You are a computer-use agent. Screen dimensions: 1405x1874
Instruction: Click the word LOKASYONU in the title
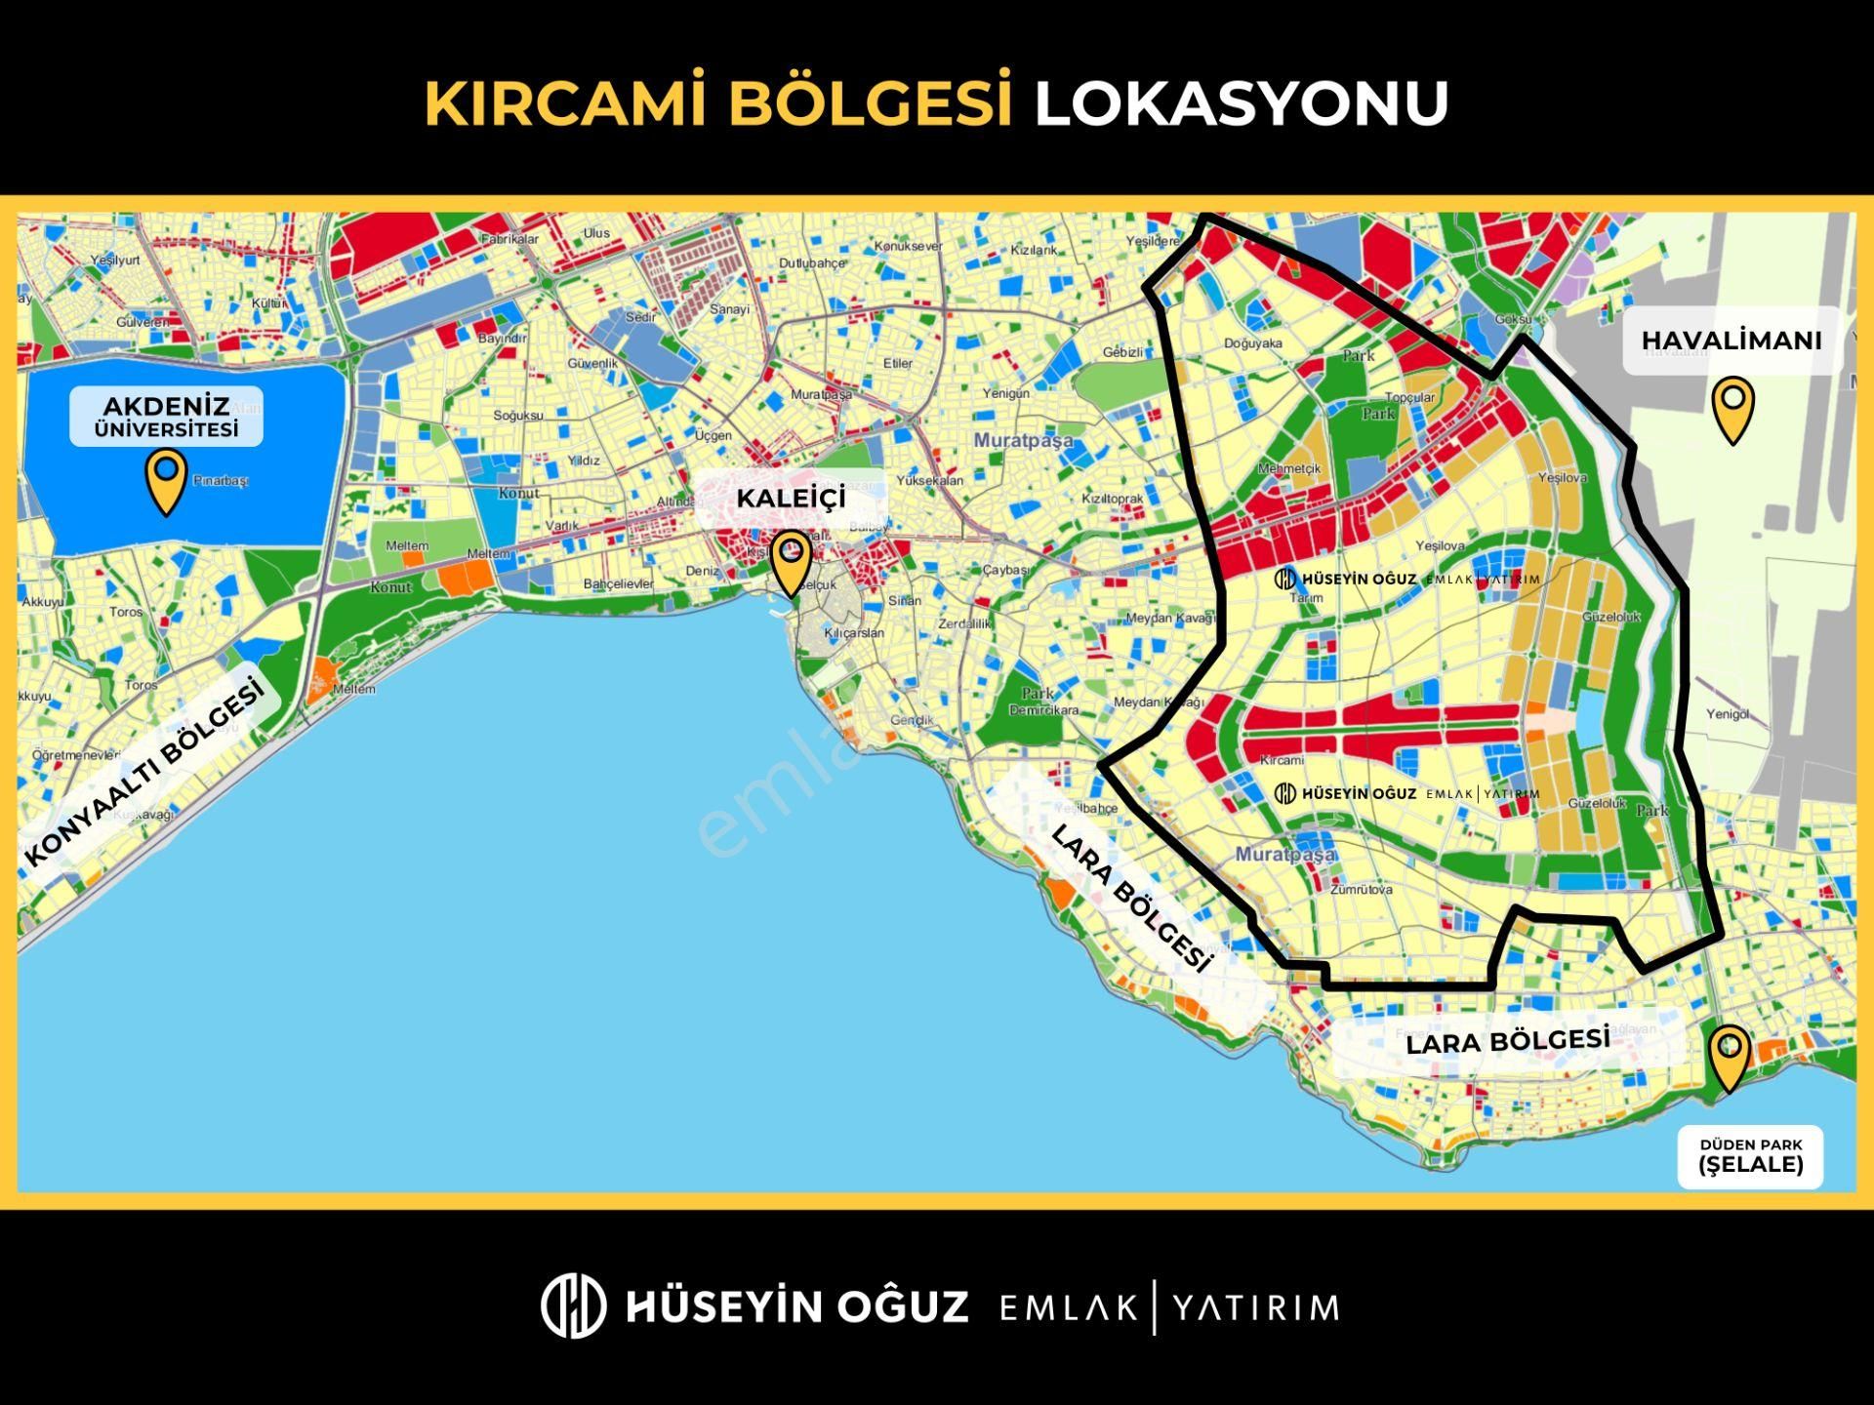coord(1241,102)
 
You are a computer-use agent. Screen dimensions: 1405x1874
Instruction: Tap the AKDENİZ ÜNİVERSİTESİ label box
coord(166,417)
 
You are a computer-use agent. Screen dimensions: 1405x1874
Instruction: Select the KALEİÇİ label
coord(791,498)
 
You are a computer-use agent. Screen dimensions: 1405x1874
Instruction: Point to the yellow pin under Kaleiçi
coord(791,562)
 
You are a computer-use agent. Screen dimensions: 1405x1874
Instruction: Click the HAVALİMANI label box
coord(1731,341)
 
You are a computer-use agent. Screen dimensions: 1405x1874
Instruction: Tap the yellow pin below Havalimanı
coord(1732,408)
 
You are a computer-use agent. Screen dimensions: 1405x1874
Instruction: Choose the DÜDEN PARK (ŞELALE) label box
coord(1750,1156)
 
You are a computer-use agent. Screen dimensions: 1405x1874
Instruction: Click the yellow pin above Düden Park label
coord(1730,1056)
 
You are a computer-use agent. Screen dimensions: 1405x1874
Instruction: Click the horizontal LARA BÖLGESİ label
coord(1507,1041)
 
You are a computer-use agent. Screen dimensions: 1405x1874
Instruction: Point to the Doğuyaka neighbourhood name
coord(1252,343)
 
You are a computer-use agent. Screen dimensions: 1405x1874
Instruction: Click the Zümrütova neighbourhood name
coord(1361,890)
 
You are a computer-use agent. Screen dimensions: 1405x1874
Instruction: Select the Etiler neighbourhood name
coord(897,363)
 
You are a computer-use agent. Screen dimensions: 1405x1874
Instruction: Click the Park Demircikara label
coord(1042,702)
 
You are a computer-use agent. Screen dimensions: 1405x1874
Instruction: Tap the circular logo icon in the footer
coord(573,1305)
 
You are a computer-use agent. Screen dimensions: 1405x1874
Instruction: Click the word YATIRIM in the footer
coord(1255,1307)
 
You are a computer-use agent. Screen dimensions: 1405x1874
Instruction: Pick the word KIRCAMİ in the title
coord(565,102)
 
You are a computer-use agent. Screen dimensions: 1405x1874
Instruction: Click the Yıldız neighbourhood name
coord(584,461)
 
